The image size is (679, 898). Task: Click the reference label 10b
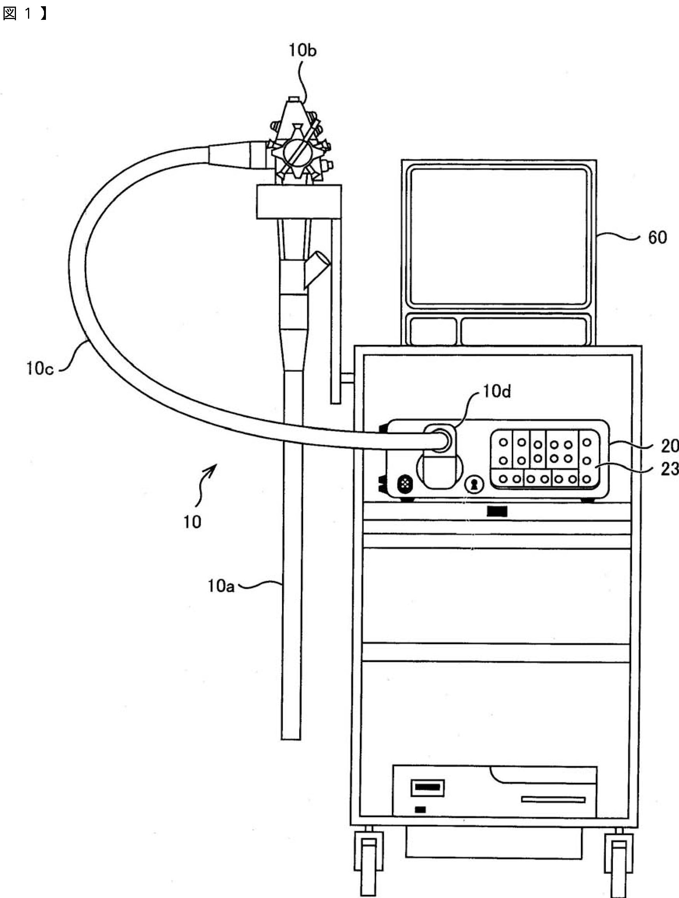[303, 50]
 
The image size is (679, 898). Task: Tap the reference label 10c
[40, 369]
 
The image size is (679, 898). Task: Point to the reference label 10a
[221, 586]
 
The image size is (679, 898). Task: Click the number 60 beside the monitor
[657, 237]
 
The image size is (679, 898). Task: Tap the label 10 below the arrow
[192, 522]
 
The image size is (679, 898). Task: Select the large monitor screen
[499, 237]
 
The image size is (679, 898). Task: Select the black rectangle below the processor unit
[497, 511]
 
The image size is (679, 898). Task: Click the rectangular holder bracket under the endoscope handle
[298, 201]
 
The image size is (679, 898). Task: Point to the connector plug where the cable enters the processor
[440, 441]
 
